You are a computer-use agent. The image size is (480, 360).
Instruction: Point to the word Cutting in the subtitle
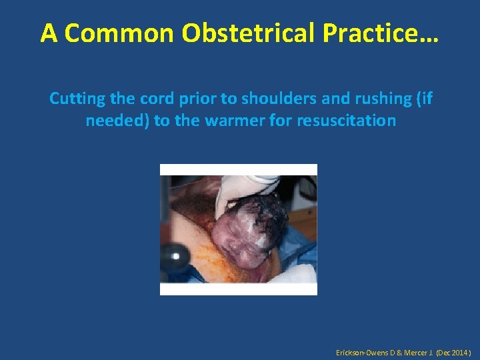[x=75, y=99]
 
